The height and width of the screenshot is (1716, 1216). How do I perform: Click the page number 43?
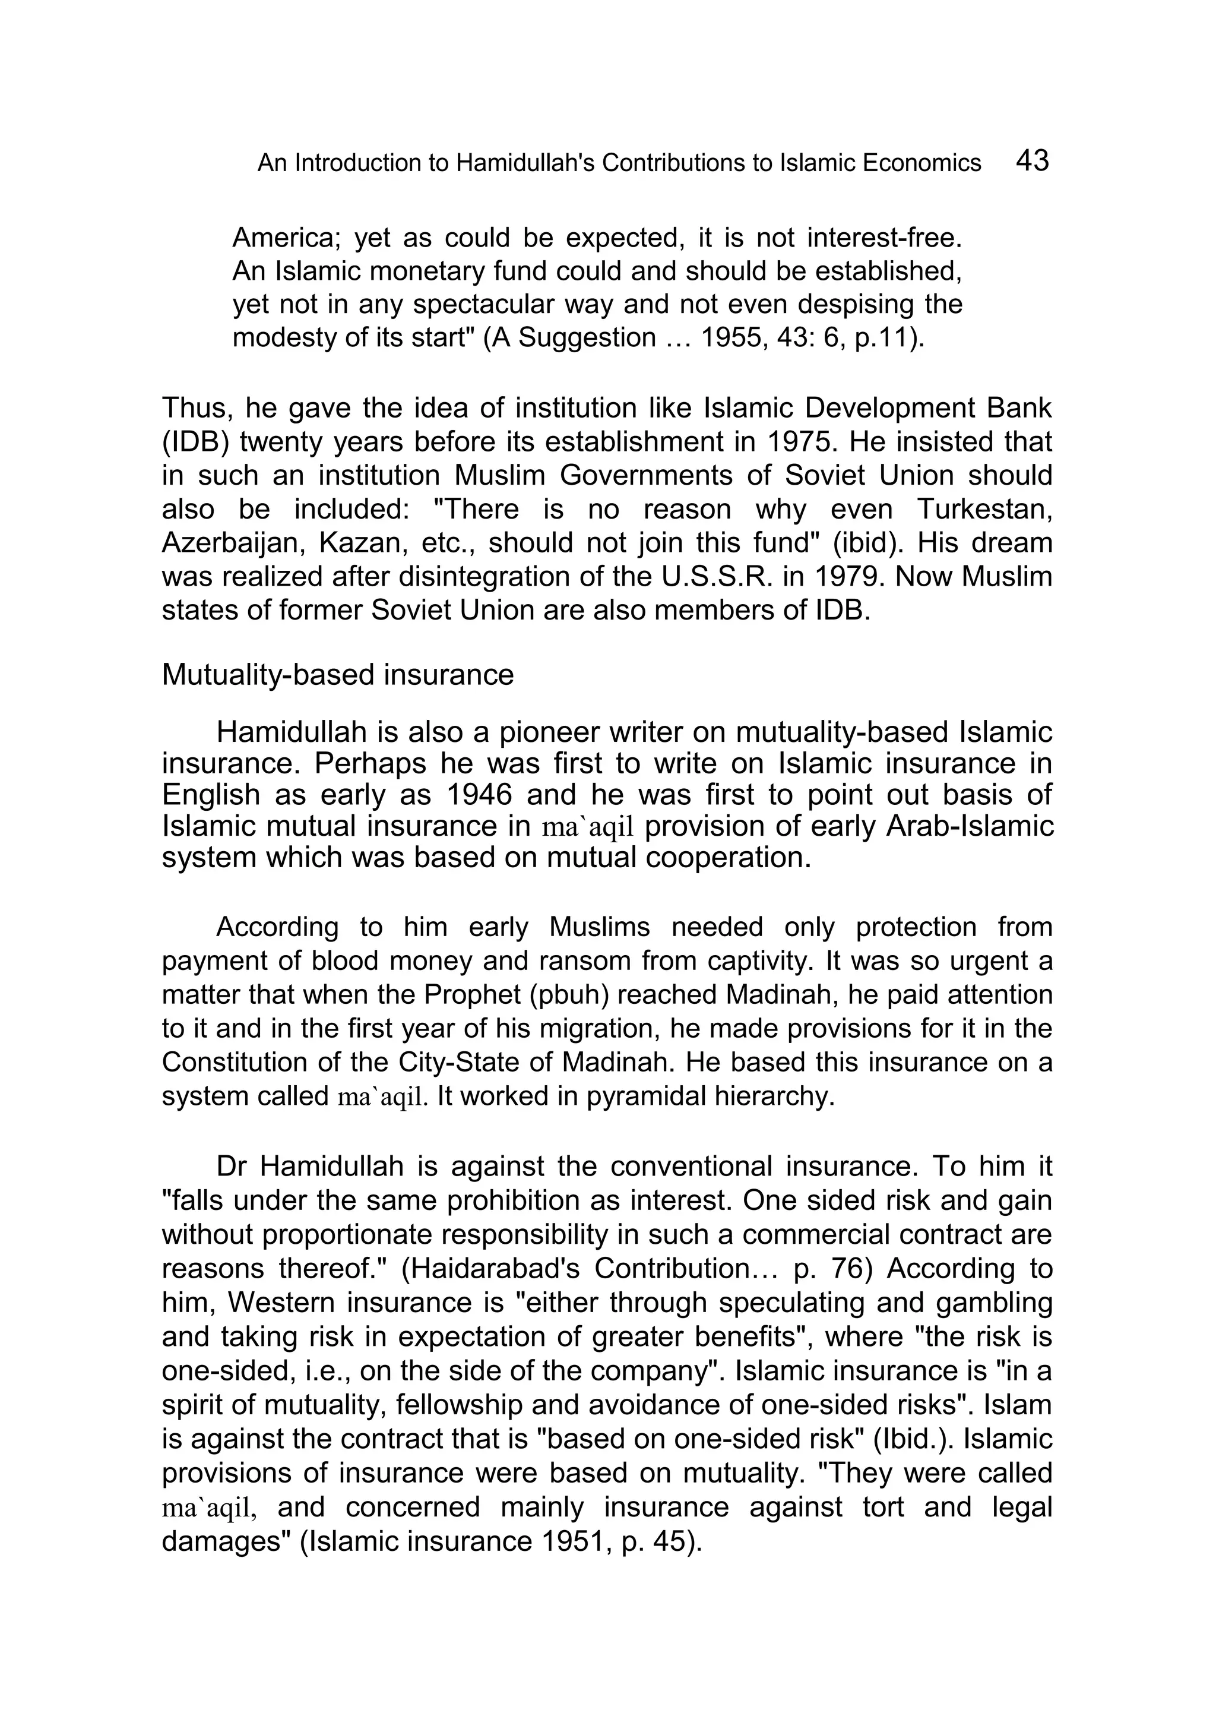click(1033, 160)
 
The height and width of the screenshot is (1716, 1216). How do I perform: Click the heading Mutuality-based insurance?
click(338, 675)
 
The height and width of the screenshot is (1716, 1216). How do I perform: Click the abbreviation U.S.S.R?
click(711, 577)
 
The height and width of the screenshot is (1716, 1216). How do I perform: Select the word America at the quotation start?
click(287, 238)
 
